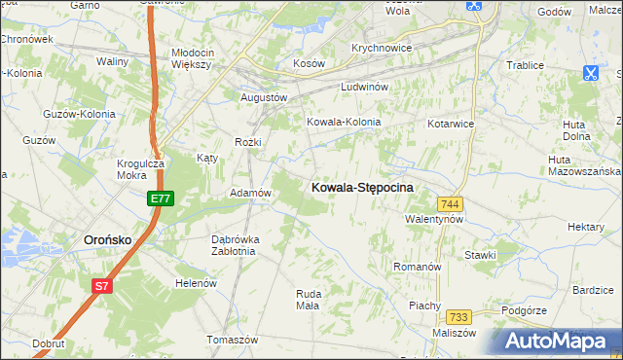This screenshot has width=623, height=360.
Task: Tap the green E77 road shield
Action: pyautogui.click(x=161, y=198)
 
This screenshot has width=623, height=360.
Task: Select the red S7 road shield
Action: pyautogui.click(x=102, y=286)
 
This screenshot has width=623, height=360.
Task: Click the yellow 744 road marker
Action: pyautogui.click(x=450, y=203)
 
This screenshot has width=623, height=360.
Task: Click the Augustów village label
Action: pyautogui.click(x=264, y=98)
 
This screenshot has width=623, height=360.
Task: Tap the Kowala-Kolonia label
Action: pyautogui.click(x=343, y=123)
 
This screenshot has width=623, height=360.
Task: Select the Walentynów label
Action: pyautogui.click(x=434, y=220)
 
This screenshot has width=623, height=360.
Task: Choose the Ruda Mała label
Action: pyautogui.click(x=308, y=299)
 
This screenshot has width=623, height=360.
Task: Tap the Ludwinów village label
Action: pyautogui.click(x=365, y=88)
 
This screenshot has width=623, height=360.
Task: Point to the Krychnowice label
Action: pyautogui.click(x=383, y=48)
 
